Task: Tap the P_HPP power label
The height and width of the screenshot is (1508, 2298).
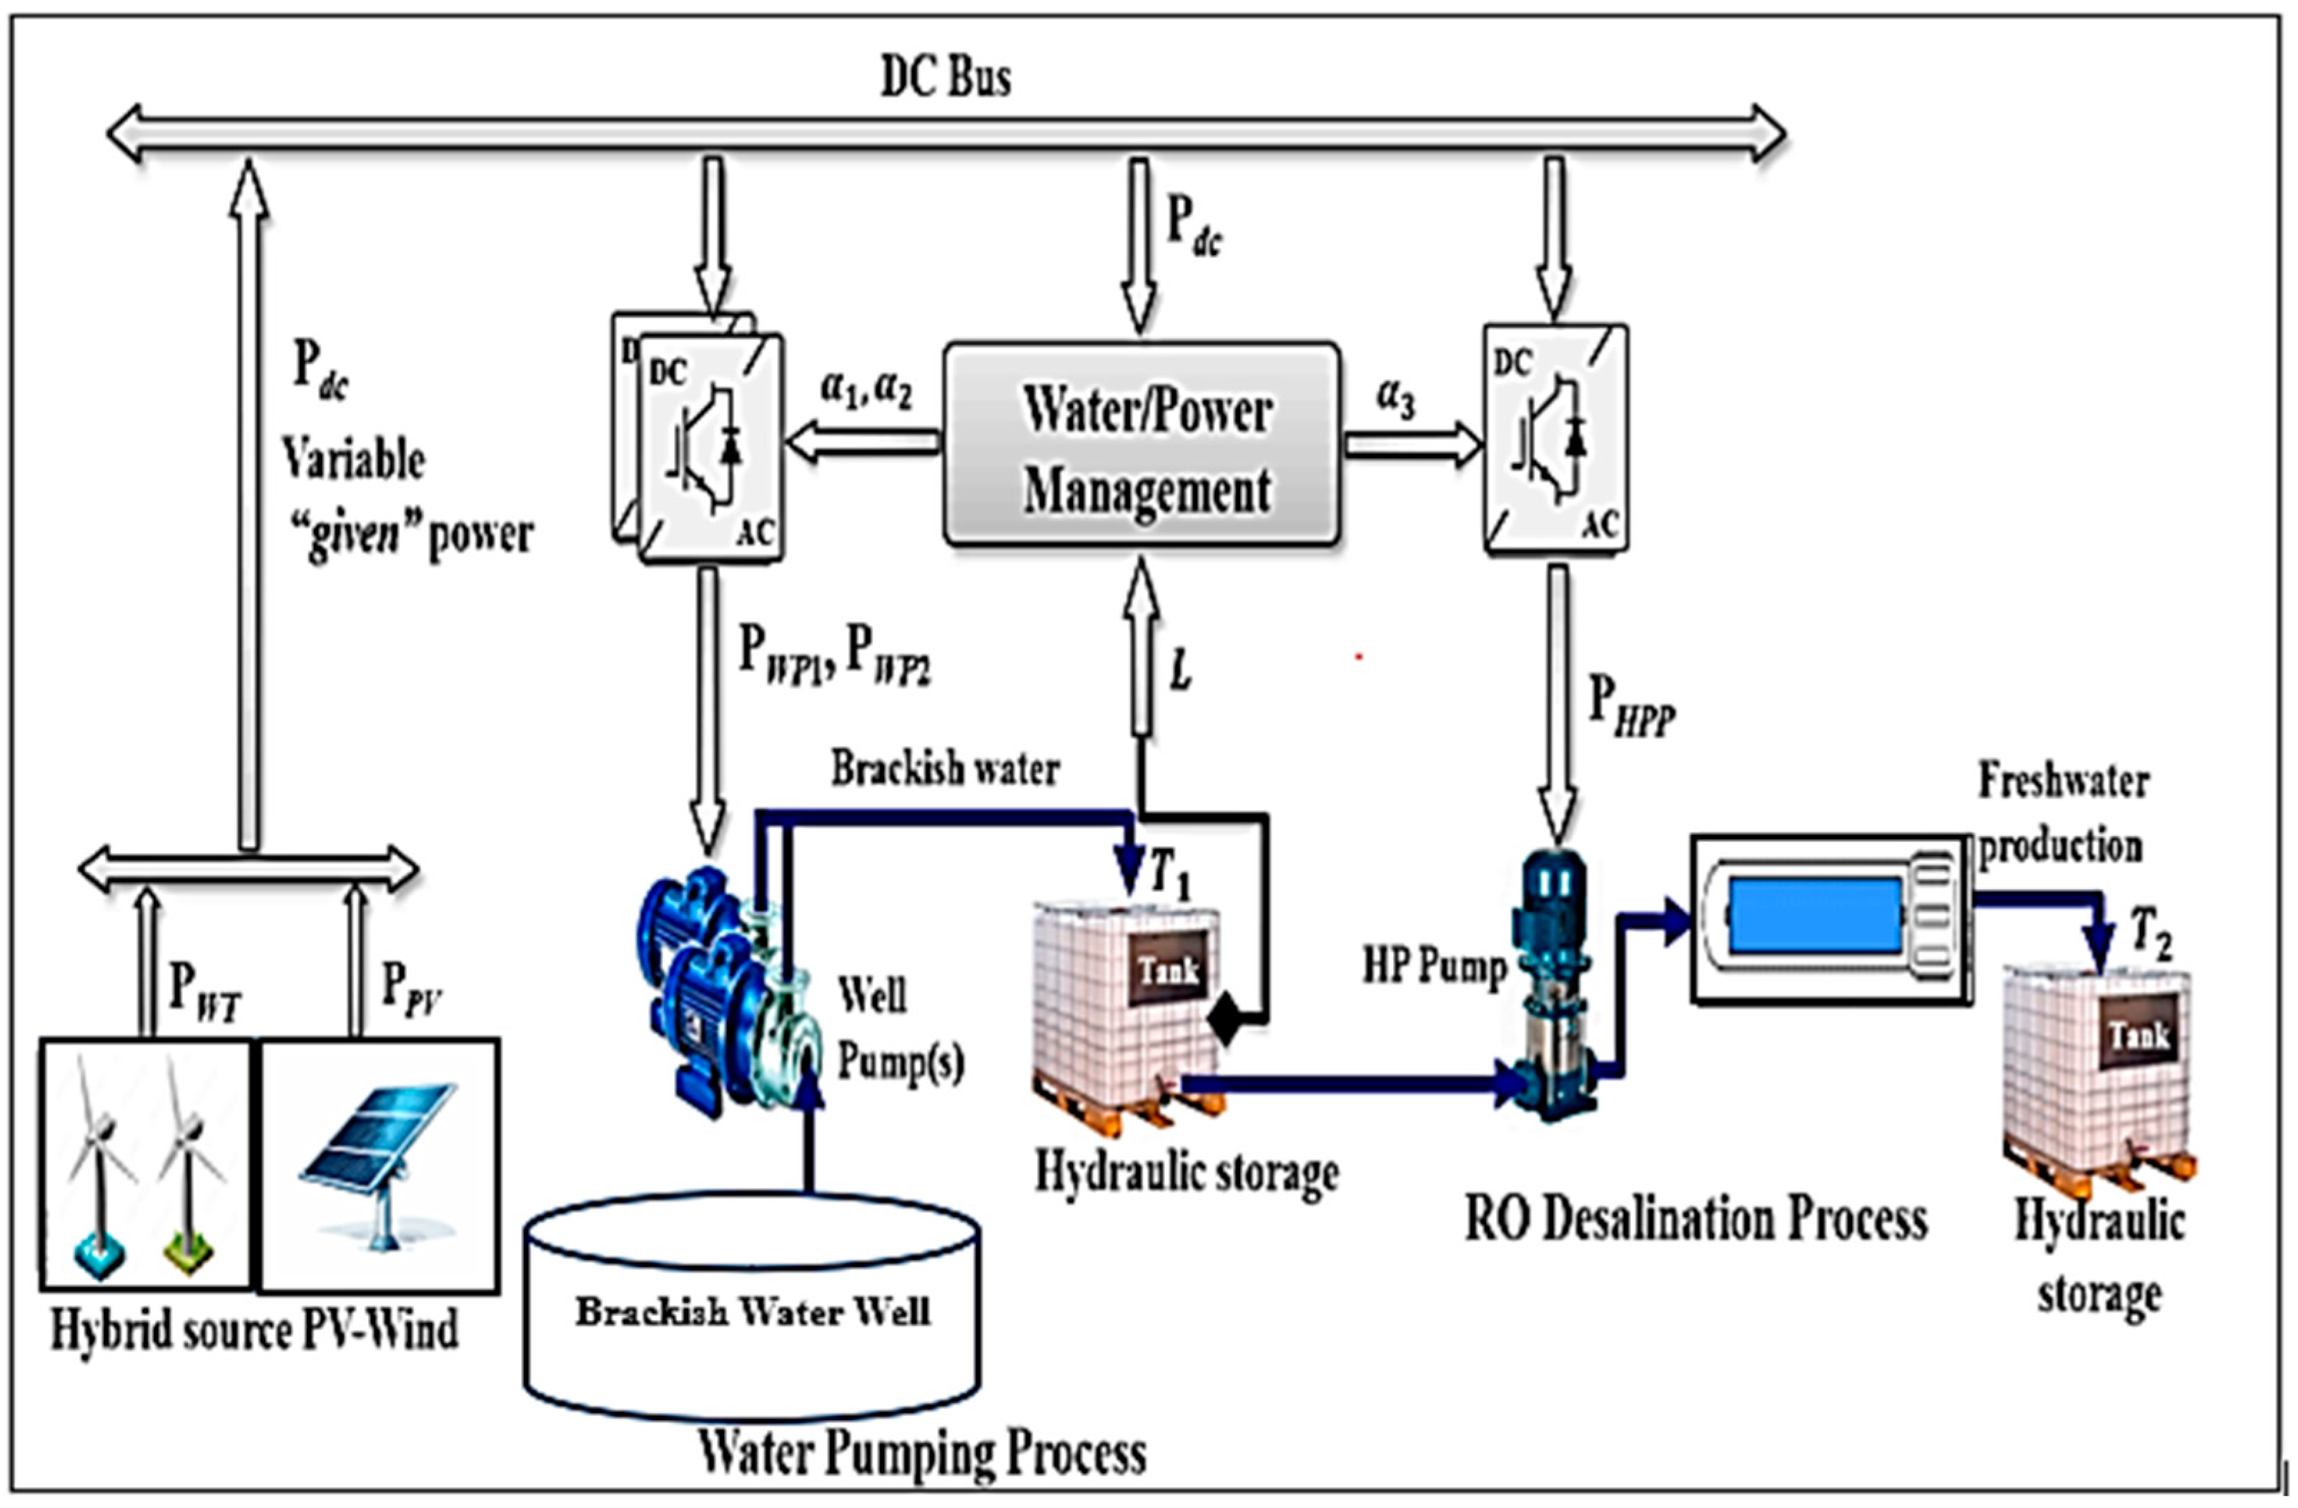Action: (x=1631, y=705)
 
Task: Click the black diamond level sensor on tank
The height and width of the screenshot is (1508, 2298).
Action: (x=1224, y=1021)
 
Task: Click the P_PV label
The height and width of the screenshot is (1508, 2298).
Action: (x=411, y=987)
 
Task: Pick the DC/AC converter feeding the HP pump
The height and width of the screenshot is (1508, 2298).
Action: (x=1555, y=440)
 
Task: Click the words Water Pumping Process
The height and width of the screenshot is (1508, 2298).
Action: (x=922, y=1453)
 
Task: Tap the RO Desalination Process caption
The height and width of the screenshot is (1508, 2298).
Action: (x=1695, y=1219)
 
